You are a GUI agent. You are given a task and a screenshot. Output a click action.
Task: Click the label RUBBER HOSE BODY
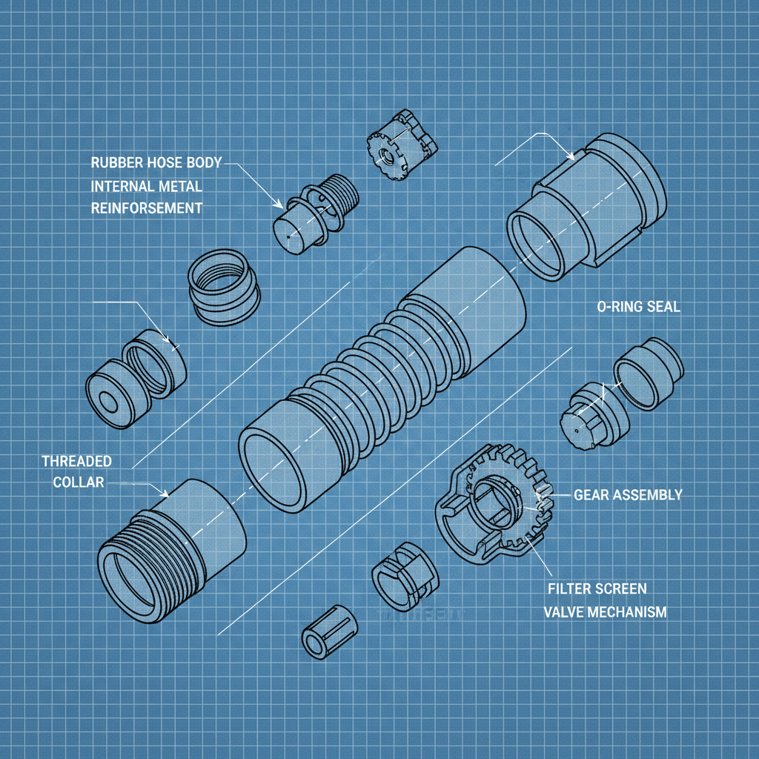[156, 162]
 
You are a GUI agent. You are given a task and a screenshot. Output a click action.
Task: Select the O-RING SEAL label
[637, 307]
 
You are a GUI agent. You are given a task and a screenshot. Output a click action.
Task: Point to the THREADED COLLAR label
[76, 471]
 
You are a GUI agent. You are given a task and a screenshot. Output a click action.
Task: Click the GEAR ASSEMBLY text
[627, 494]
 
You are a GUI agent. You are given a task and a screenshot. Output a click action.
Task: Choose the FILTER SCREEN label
[597, 589]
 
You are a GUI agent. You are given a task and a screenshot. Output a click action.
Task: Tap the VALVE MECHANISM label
[605, 612]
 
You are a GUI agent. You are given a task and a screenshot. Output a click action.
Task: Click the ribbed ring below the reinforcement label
[222, 286]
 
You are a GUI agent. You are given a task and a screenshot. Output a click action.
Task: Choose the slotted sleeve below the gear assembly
[403, 574]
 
